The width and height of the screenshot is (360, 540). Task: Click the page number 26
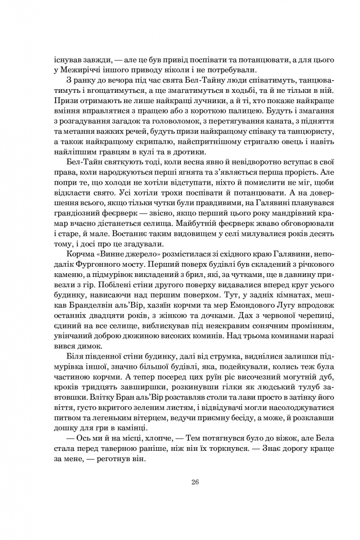pyautogui.click(x=180, y=482)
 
